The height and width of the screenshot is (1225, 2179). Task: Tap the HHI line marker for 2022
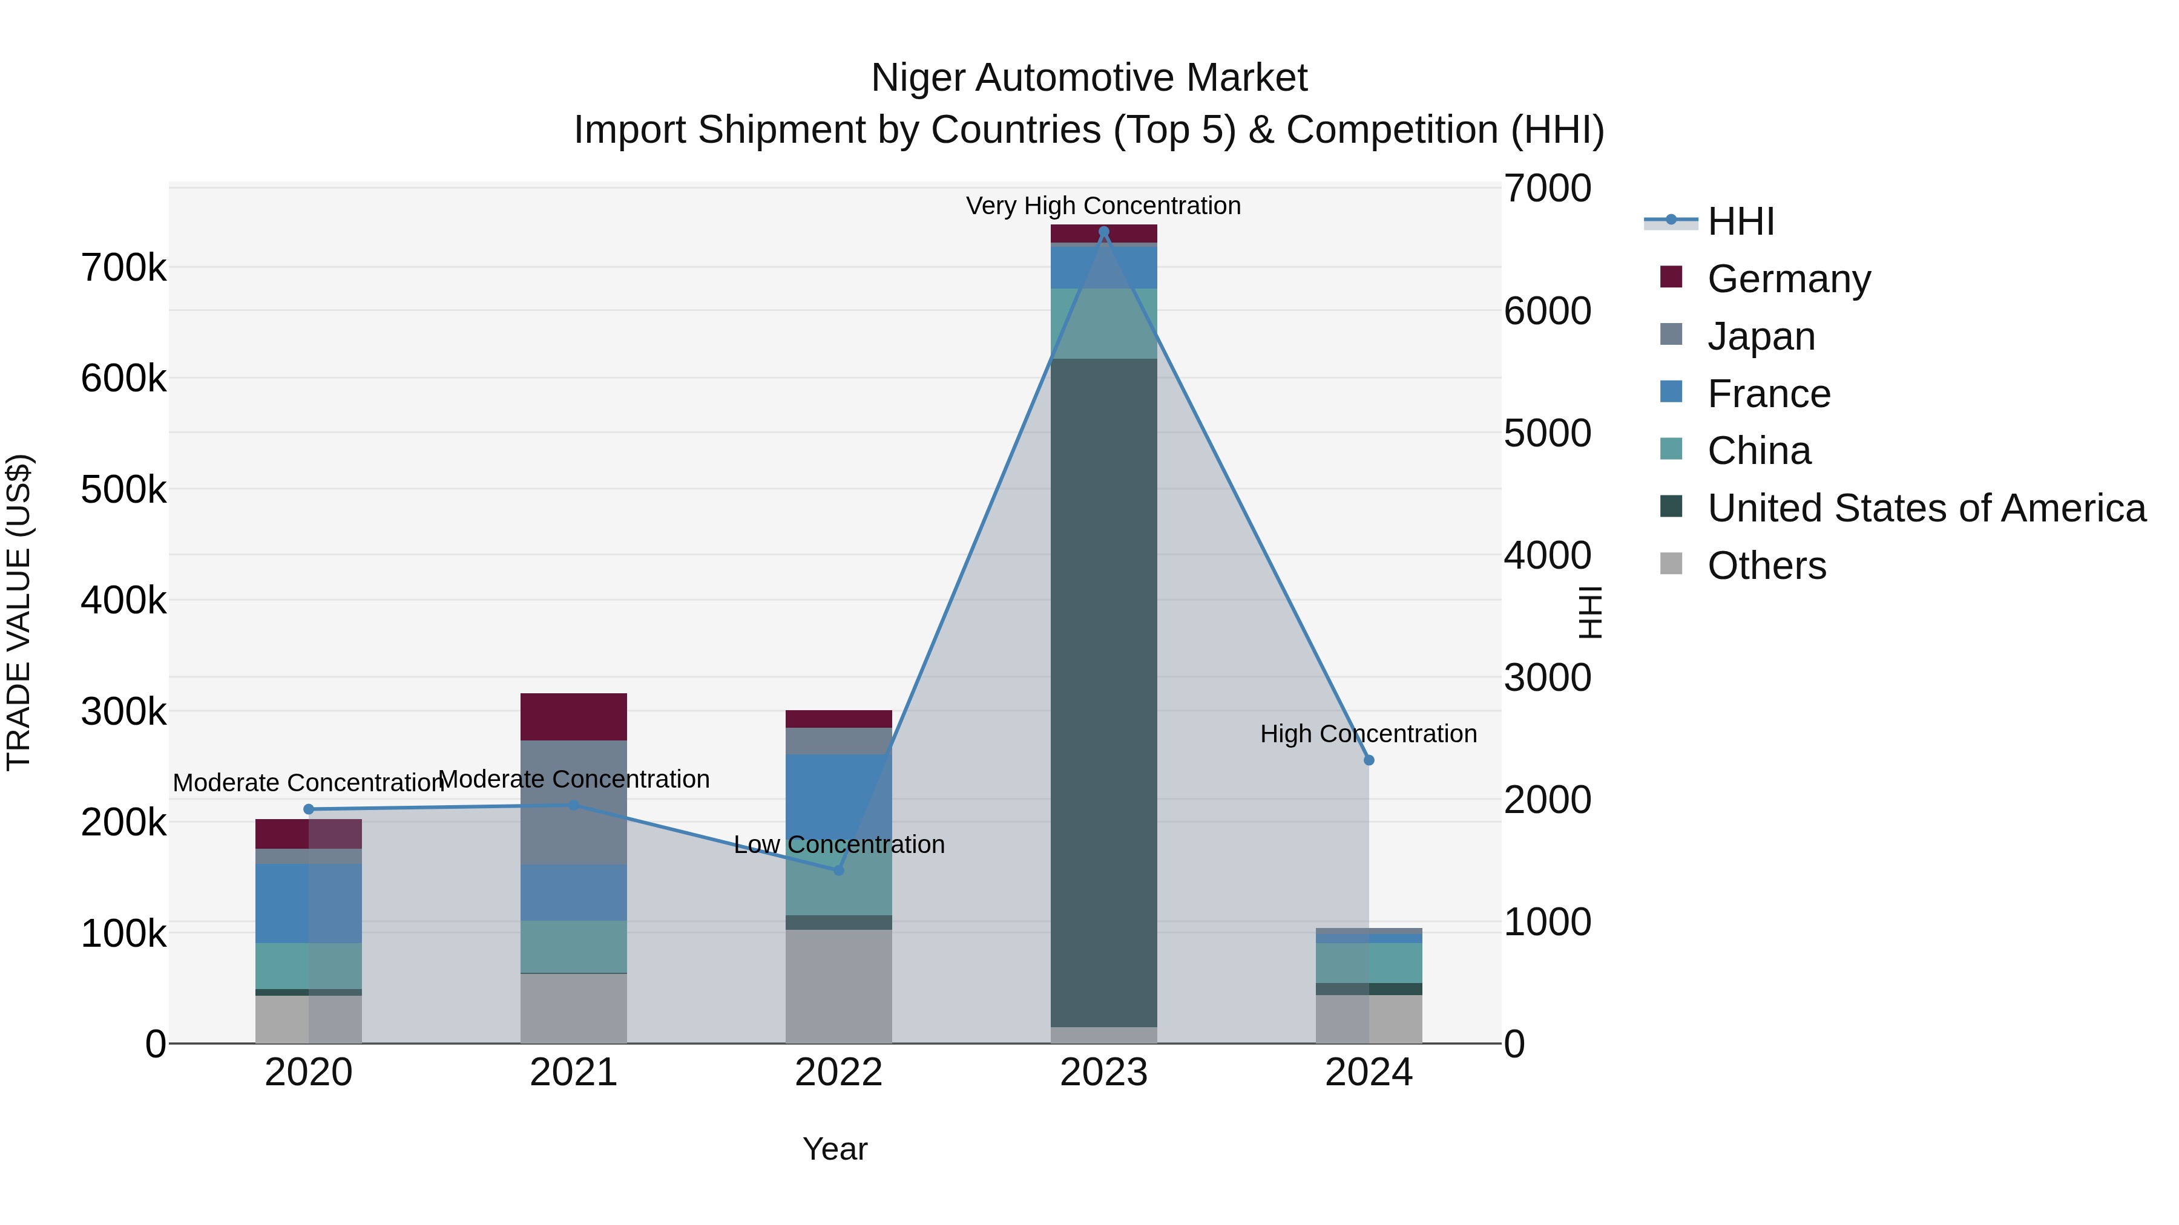point(838,870)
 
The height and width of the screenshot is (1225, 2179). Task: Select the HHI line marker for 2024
point(1369,760)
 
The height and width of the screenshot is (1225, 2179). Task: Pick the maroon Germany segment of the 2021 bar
point(574,717)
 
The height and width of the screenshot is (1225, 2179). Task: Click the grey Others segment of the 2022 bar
point(838,986)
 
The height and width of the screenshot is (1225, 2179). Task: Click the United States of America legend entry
point(1925,508)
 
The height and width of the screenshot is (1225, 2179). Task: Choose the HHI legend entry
point(1740,221)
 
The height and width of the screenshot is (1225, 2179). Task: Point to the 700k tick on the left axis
point(123,268)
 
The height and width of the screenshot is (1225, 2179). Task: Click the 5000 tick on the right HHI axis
point(1547,433)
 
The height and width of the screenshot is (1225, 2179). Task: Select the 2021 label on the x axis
point(574,1073)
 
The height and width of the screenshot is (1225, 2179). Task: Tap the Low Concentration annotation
point(838,844)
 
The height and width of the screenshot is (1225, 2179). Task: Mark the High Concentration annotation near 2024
point(1368,734)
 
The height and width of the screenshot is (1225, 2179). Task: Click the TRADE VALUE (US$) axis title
point(19,612)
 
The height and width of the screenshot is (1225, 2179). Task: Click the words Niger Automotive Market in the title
point(1089,78)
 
